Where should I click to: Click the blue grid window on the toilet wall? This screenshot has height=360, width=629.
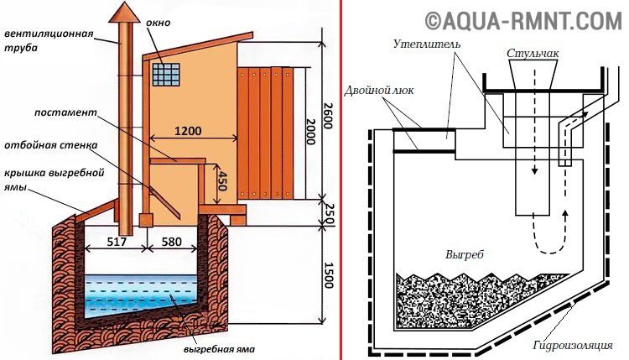tap(166, 74)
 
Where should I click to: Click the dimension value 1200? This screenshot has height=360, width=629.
tap(188, 131)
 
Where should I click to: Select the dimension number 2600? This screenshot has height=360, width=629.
tap(327, 116)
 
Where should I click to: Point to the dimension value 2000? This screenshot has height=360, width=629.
tap(311, 131)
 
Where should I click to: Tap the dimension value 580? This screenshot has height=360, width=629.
tap(170, 242)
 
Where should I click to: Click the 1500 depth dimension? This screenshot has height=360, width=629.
tap(329, 275)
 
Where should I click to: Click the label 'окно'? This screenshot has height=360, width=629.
tap(158, 23)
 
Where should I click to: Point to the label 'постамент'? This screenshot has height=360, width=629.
tap(65, 112)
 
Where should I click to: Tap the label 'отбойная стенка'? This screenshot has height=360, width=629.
tap(51, 145)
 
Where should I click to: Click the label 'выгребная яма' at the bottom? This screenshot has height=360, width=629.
tap(220, 349)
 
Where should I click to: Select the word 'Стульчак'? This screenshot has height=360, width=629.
tap(533, 54)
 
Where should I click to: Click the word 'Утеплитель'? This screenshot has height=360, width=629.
tap(426, 44)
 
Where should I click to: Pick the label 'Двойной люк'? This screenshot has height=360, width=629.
tap(379, 91)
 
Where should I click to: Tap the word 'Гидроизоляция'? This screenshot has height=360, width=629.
tap(573, 345)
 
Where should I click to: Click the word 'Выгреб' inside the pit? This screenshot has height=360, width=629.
tap(464, 254)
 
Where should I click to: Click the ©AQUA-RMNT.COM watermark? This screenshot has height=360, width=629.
tap(523, 21)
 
